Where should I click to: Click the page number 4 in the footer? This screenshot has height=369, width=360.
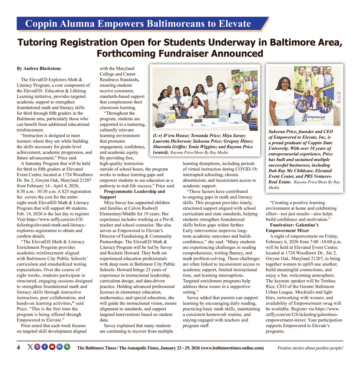click(18, 347)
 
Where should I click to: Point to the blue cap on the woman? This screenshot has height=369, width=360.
click(237, 85)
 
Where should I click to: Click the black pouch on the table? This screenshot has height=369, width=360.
click(159, 125)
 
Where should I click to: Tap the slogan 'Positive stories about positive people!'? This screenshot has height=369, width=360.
click(310, 348)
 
